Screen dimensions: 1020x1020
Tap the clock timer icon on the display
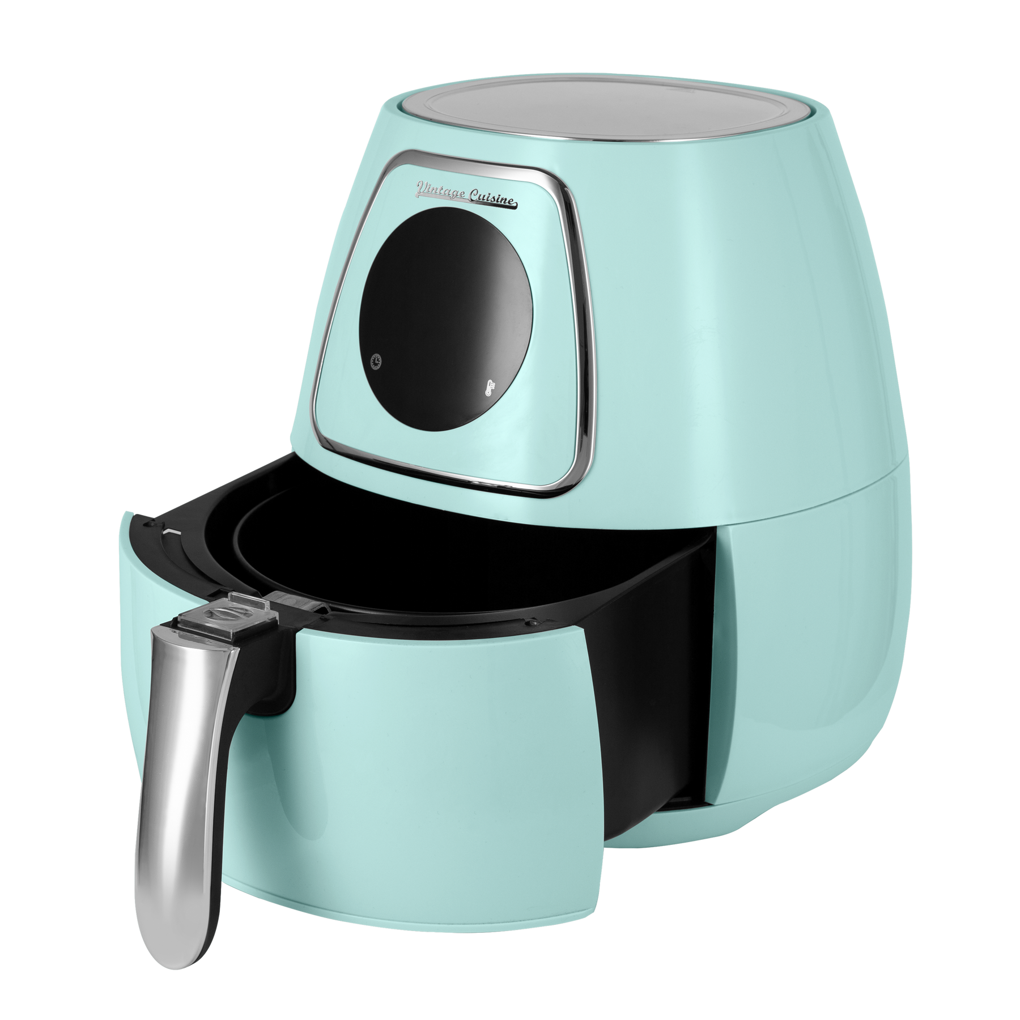[376, 360]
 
